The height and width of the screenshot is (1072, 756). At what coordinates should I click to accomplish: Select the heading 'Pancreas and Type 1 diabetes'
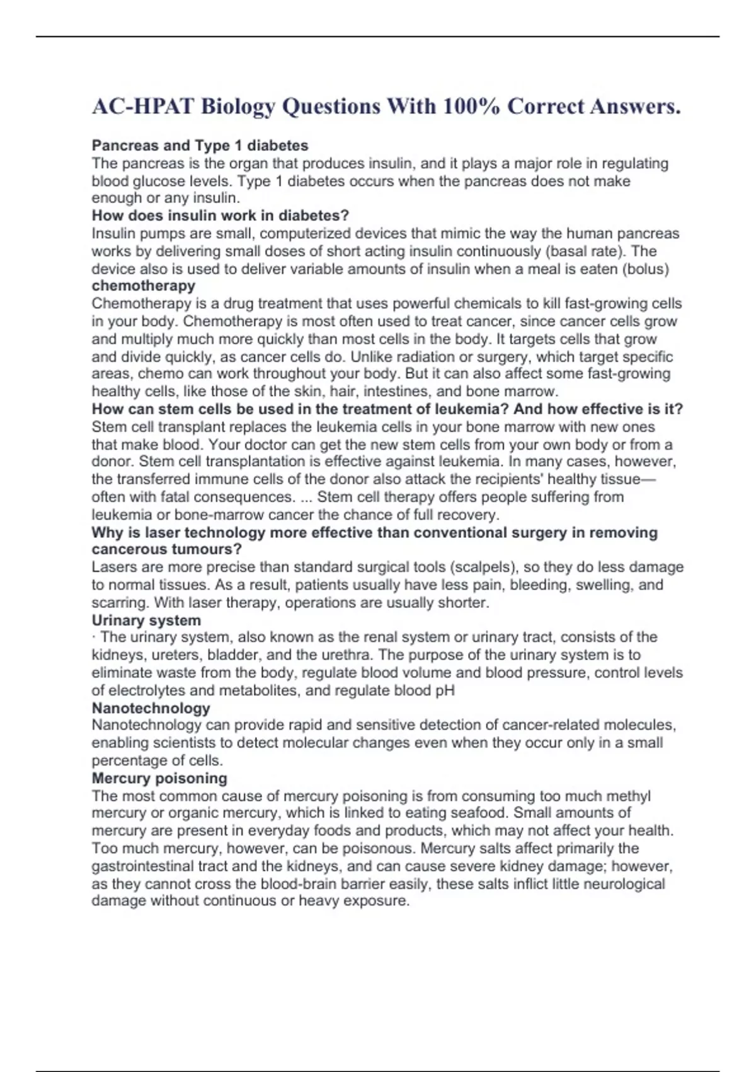pos(200,146)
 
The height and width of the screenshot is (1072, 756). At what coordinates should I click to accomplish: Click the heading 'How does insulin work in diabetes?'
pos(220,216)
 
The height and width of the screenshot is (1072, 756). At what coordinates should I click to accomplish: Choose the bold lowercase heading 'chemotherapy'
pos(143,286)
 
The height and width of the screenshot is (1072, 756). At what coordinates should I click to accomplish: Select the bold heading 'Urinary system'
pos(146,620)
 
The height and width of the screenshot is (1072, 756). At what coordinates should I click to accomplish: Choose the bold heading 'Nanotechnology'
pos(151,708)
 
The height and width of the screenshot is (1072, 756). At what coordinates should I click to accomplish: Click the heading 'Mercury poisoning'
pos(159,778)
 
